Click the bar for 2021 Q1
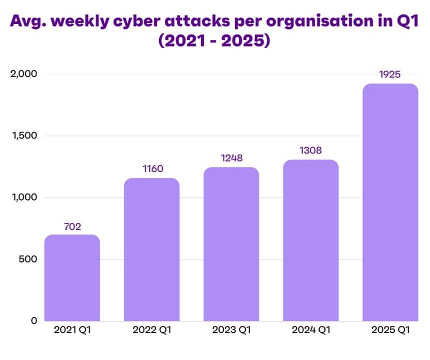72,278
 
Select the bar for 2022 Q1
151,249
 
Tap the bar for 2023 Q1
231,244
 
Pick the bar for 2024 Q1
311,240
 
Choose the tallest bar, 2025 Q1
390,202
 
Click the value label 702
72,226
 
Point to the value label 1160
152,169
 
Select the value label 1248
231,158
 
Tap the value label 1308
311,150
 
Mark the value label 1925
390,75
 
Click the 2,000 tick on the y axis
24,74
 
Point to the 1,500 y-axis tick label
24,136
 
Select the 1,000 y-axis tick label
24,197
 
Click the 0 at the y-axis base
34,321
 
